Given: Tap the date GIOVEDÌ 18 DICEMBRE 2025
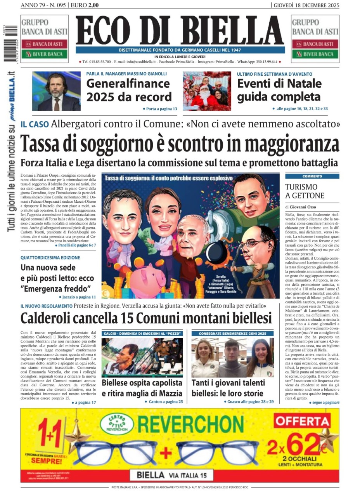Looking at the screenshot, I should click(x=306, y=5).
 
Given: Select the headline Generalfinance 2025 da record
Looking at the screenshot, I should click(x=129, y=90).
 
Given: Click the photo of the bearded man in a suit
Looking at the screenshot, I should click(x=56, y=91).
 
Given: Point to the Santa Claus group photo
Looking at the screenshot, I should click(x=207, y=91).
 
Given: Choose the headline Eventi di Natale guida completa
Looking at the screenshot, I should click(x=279, y=90).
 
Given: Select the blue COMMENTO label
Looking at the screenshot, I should click(x=312, y=176).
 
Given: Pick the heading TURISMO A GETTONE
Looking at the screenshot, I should click(x=305, y=191).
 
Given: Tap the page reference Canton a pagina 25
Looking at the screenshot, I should click(x=163, y=401).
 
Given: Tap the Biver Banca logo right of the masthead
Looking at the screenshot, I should click(x=315, y=54).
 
